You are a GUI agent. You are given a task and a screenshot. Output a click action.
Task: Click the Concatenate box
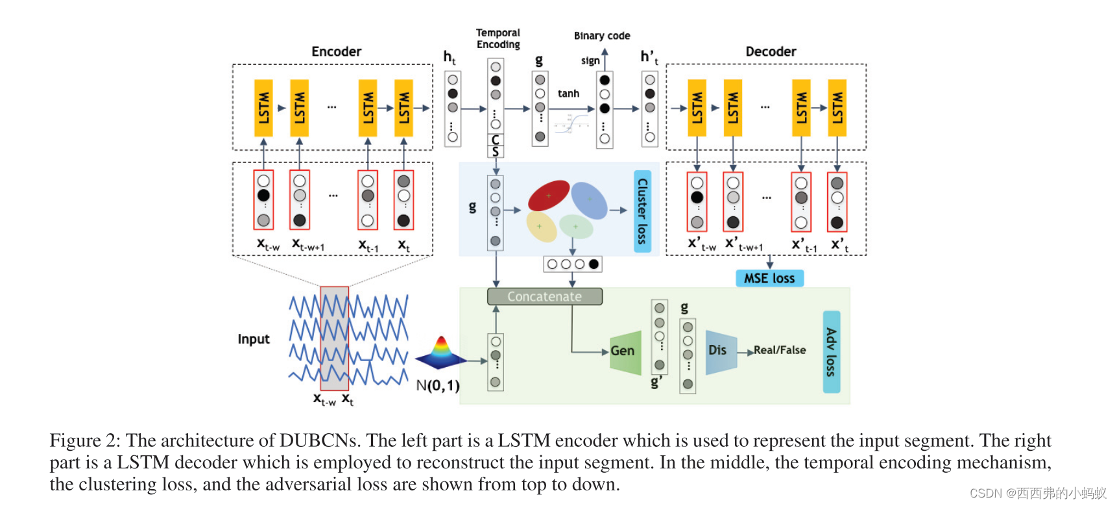[544, 297]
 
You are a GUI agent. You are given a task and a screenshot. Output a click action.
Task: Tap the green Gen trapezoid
[625, 351]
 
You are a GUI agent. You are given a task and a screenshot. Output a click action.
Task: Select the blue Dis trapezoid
[721, 351]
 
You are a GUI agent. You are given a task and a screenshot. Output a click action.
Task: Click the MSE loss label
[769, 279]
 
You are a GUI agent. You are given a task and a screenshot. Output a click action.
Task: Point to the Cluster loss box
[642, 211]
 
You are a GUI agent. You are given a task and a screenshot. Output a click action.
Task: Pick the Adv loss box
[831, 351]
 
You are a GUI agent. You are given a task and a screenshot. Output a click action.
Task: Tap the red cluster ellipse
[549, 195]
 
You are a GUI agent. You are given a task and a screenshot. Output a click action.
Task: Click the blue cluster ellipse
[589, 200]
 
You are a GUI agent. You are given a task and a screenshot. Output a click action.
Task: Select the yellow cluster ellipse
[542, 227]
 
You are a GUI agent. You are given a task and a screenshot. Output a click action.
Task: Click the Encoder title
[336, 51]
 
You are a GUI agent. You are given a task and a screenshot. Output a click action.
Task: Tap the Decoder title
[771, 51]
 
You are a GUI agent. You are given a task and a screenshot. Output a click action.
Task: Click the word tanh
[568, 94]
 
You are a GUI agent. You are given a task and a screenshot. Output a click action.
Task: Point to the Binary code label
[601, 36]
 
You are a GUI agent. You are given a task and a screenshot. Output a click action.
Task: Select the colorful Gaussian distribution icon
[441, 353]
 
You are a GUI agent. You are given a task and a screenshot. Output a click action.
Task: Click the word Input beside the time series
[253, 339]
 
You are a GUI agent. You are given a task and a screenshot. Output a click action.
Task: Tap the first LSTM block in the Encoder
[263, 108]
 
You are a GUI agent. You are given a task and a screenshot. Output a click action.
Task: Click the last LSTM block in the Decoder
[837, 108]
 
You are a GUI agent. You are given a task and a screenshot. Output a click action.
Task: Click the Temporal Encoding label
[498, 38]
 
